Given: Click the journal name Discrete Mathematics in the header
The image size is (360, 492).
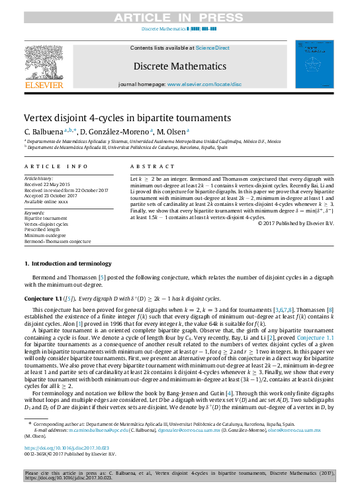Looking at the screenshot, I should click(179, 66).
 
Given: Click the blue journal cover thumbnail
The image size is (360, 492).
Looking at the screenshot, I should click(315, 65).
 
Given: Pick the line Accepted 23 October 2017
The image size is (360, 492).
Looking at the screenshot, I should click(50, 195).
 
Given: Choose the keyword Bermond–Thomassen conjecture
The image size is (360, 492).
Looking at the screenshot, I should click(58, 242).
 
